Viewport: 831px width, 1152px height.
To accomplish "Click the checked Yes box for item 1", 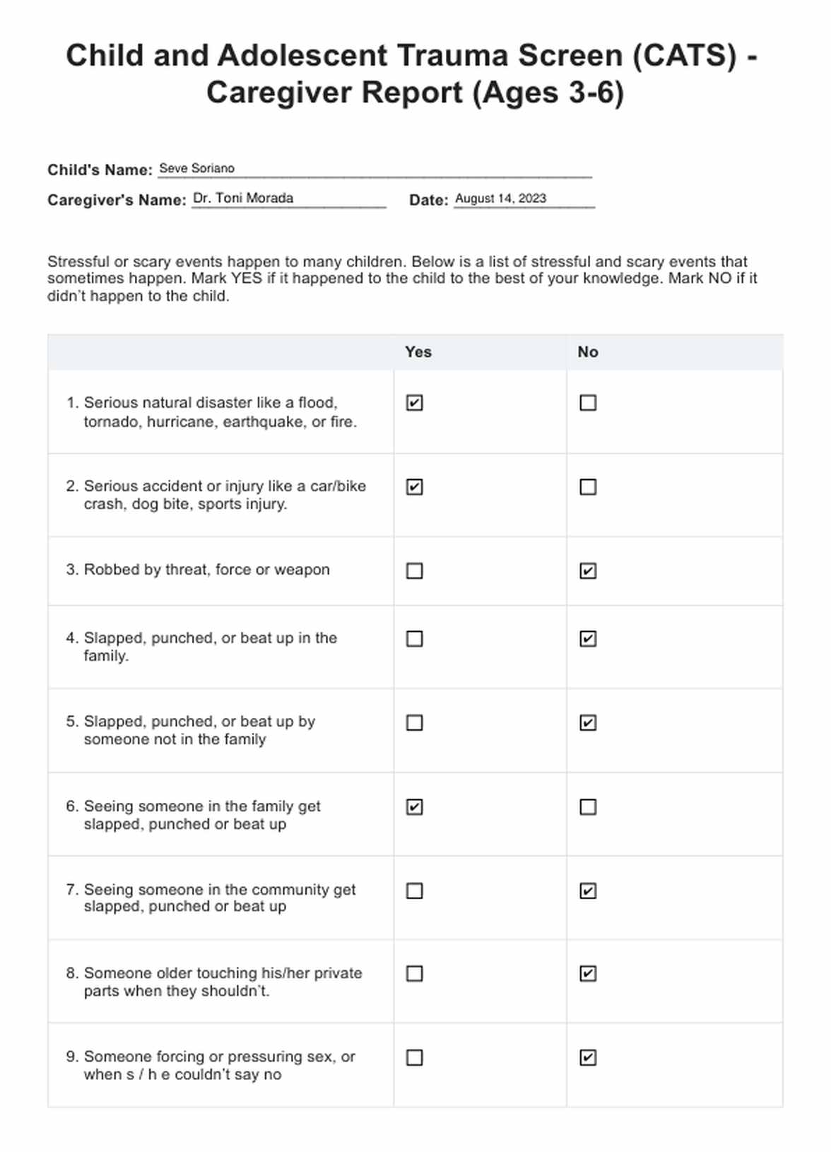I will click(415, 403).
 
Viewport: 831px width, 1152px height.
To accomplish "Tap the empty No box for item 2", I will click(588, 487).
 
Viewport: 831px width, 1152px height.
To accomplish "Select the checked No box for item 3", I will click(588, 570).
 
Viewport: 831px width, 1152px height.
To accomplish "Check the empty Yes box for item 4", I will click(415, 639).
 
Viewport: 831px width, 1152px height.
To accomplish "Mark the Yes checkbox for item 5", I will click(415, 723).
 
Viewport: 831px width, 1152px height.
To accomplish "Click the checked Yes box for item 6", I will click(415, 807).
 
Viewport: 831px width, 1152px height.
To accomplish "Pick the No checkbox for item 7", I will click(588, 891).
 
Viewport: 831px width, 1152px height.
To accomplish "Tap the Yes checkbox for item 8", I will click(415, 974).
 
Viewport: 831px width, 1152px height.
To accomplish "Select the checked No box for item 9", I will click(588, 1057).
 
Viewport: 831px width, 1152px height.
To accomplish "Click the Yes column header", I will click(418, 352).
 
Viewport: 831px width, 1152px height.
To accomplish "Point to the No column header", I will click(588, 352).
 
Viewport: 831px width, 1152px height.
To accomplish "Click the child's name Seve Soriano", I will click(196, 168).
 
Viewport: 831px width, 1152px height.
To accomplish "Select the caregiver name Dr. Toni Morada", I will click(243, 198).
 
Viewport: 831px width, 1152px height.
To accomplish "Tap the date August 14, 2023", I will click(500, 199).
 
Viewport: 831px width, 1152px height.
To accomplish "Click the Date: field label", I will click(428, 200).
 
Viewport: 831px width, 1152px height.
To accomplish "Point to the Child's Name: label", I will click(100, 170).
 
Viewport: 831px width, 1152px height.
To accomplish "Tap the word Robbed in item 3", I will click(112, 570).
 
